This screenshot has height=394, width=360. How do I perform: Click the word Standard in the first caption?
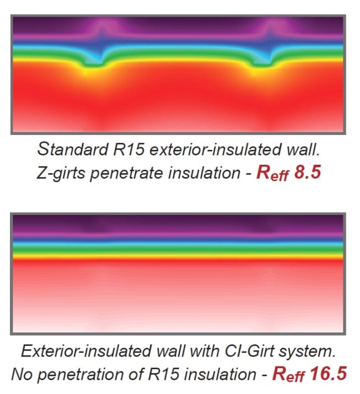(73, 149)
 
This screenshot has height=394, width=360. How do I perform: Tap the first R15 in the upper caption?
(129, 149)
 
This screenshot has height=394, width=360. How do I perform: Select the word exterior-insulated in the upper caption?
(215, 149)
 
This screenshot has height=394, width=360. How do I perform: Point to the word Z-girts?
(61, 173)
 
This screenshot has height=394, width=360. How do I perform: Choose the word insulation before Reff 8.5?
(204, 173)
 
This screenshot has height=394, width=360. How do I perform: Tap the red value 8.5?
(308, 172)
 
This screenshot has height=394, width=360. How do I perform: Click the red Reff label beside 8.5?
(272, 173)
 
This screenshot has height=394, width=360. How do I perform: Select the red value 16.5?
(329, 374)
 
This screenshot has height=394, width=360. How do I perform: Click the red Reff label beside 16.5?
(288, 374)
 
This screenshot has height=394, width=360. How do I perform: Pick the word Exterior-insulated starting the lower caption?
(86, 350)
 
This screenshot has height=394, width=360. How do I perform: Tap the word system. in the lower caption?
(307, 351)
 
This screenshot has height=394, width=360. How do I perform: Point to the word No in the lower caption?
(22, 374)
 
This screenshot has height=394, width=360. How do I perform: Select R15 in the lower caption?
(163, 374)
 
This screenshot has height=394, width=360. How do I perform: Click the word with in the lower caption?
(205, 350)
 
